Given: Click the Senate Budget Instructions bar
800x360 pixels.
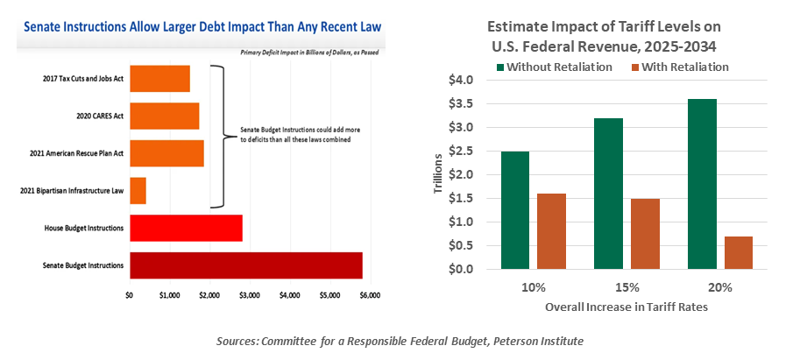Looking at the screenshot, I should point(245,265).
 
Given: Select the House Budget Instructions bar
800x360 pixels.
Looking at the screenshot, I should point(186,228).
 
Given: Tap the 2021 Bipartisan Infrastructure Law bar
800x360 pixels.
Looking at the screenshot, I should point(138,191).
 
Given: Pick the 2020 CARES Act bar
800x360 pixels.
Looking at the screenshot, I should point(164,116).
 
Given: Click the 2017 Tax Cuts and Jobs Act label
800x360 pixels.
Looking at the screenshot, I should point(84,79).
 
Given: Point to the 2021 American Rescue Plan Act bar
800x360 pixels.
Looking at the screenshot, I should point(166,153).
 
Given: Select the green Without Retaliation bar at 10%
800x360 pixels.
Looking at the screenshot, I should point(515,209).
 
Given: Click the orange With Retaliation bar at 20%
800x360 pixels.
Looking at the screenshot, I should point(739,252).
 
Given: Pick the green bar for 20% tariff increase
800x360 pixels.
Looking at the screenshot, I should point(702,184).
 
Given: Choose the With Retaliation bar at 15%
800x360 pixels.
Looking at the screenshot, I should point(645,233).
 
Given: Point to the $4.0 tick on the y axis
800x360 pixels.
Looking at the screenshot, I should point(462,81).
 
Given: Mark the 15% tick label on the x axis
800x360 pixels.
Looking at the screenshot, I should point(627,287).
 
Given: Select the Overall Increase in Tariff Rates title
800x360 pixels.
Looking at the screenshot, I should point(627,307).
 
